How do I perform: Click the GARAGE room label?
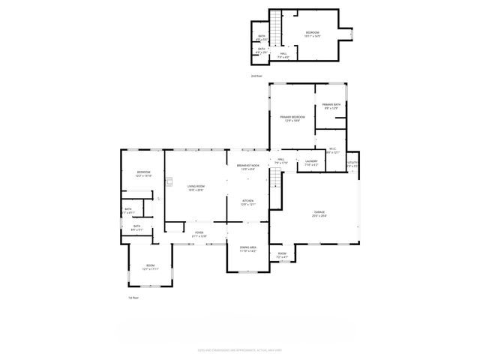tap(319, 214)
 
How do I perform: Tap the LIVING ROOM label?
tap(196, 187)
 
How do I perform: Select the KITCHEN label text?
tap(247, 201)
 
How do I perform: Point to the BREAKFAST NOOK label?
tap(248, 165)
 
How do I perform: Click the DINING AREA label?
tap(248, 247)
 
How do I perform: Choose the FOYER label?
tap(199, 232)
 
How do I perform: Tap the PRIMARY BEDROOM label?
tap(292, 117)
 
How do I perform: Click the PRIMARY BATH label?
tap(331, 104)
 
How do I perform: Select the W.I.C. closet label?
tap(331, 148)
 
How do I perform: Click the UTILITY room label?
tap(352, 163)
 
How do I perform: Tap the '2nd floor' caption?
tap(256, 76)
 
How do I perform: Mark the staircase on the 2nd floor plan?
tap(275, 31)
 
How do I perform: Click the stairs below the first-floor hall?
tap(275, 178)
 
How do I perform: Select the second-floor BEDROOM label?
tap(312, 33)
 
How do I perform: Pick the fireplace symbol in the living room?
tap(169, 181)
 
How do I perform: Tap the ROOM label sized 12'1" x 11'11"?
tap(150, 265)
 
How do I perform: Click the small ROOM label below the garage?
tap(283, 253)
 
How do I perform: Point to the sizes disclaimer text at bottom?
tap(240, 348)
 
